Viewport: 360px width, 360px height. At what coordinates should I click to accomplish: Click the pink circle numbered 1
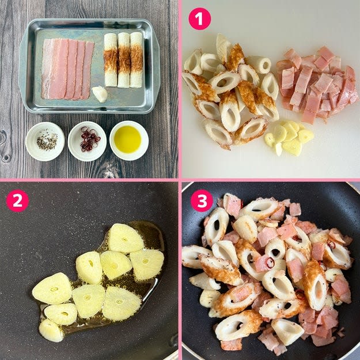tap(199, 19)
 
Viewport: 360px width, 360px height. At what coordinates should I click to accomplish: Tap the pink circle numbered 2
tap(17, 201)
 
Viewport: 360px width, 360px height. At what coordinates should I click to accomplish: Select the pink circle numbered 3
tap(202, 200)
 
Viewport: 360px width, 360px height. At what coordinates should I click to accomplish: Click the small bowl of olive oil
tap(129, 141)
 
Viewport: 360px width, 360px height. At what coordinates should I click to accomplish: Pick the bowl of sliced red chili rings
tap(87, 141)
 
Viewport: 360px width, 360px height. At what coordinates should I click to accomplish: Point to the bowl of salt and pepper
tap(45, 141)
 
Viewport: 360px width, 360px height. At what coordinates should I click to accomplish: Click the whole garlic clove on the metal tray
tap(100, 94)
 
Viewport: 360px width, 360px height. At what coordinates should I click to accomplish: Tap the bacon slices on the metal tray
tap(67, 69)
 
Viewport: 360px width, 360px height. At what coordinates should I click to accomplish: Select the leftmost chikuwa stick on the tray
tap(111, 60)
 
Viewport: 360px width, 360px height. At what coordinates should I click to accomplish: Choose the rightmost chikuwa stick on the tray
tap(137, 60)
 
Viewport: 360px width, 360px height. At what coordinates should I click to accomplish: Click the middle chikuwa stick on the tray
tap(124, 60)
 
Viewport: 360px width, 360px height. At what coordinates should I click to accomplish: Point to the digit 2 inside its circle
tap(17, 201)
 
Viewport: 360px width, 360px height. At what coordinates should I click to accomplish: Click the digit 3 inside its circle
tap(202, 200)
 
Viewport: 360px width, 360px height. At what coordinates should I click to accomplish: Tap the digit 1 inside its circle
tap(199, 19)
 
